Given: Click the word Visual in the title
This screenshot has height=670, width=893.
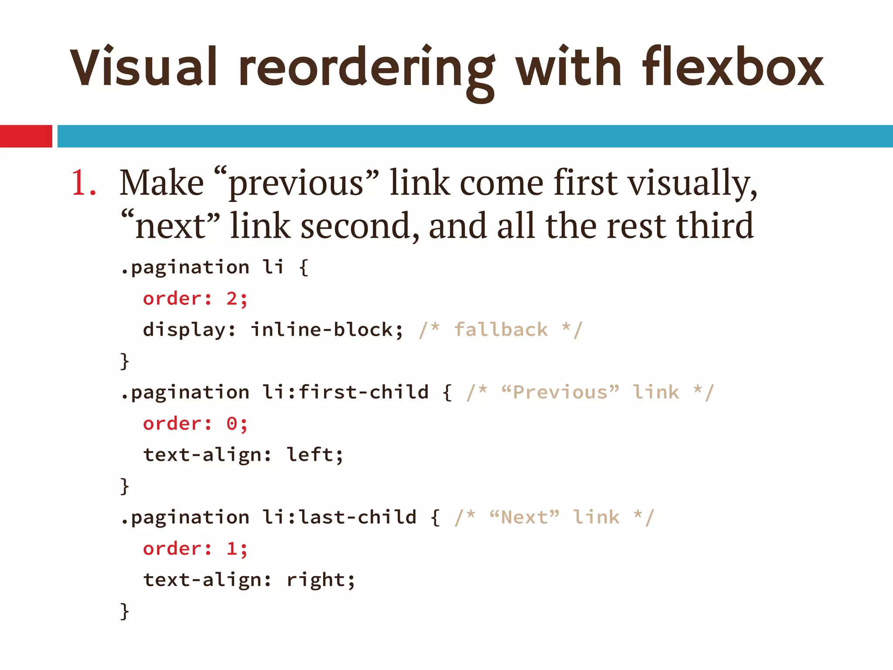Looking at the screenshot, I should [x=143, y=68].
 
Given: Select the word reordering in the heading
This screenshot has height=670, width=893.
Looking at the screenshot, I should [x=366, y=70].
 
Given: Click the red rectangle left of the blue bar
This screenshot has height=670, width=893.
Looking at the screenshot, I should [x=26, y=136].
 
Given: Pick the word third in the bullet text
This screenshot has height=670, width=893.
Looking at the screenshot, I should [x=715, y=226].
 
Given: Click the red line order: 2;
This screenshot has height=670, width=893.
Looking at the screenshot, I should [x=195, y=299].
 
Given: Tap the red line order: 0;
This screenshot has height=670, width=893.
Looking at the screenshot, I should [x=195, y=424].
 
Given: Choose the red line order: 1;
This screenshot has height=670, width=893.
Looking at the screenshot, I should [x=195, y=549].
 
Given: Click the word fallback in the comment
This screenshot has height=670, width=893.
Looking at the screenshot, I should [x=501, y=329].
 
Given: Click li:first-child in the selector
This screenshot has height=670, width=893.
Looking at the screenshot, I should [x=345, y=392].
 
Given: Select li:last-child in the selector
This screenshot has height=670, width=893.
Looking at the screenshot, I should [x=339, y=517].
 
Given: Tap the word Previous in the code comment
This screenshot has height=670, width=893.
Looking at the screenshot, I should [x=560, y=392].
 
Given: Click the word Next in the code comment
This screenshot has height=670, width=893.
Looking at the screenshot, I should [x=525, y=517].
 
